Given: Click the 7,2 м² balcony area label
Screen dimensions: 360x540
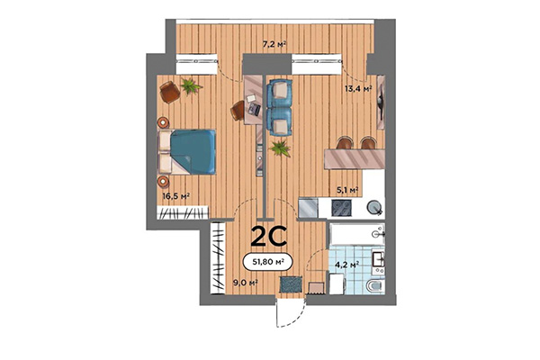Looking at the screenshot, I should (x=274, y=43).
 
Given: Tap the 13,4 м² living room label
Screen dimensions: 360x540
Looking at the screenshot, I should (x=358, y=88).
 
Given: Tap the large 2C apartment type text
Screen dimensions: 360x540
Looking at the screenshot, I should (x=268, y=236).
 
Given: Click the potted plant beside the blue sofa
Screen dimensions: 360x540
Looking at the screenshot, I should (x=281, y=146).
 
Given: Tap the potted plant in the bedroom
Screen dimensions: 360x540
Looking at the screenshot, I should (x=191, y=85).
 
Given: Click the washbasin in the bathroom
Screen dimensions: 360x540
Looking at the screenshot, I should (x=379, y=261).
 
